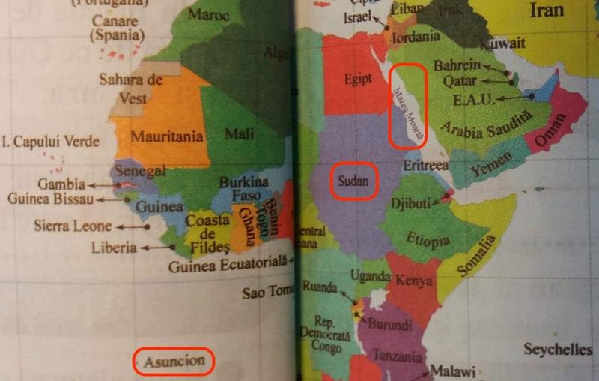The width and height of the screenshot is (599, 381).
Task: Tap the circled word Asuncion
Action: (174, 361)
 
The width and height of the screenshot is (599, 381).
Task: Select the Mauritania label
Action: (168, 137)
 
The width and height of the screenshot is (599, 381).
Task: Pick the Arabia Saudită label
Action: (484, 121)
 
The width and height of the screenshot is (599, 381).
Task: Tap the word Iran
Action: (546, 11)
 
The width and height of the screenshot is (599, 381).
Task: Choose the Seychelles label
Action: (558, 349)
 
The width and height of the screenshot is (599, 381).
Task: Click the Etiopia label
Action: (428, 240)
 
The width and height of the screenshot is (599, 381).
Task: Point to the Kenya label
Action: (413, 281)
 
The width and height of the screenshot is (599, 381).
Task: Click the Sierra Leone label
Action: (73, 225)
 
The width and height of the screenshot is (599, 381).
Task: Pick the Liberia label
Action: (113, 247)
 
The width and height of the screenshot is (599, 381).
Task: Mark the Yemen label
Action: (491, 165)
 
